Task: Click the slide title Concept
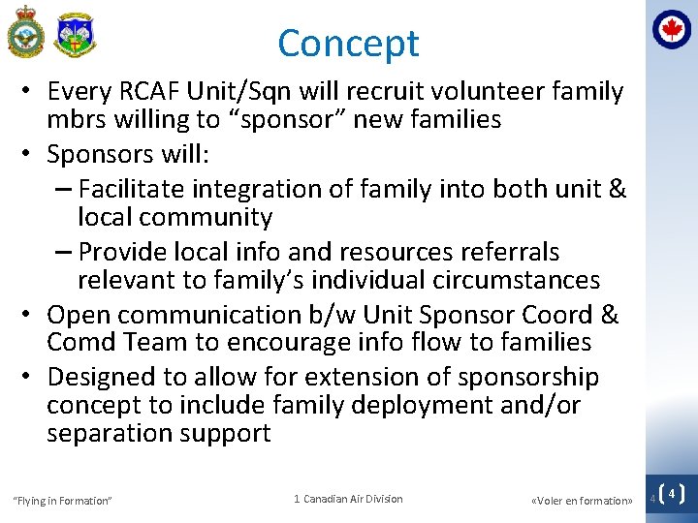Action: [x=348, y=44]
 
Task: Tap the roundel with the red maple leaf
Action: [x=671, y=29]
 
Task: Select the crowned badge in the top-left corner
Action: [x=25, y=32]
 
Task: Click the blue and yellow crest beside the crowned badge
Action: [x=76, y=35]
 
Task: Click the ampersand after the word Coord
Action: [x=610, y=315]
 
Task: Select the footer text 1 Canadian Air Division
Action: [x=348, y=499]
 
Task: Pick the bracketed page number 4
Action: [x=671, y=494]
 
